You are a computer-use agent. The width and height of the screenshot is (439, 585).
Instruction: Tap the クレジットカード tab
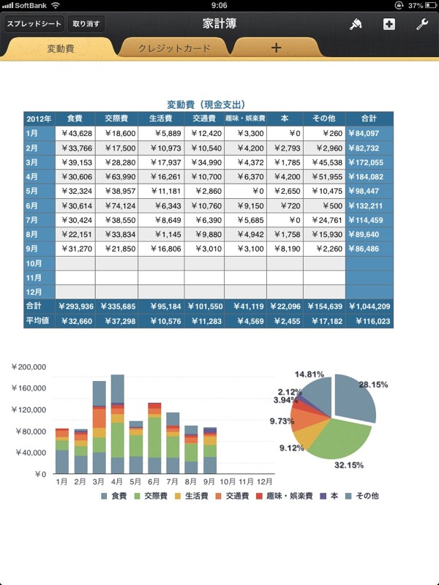pyautogui.click(x=174, y=48)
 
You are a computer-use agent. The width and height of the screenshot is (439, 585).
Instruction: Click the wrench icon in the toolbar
pyautogui.click(x=422, y=24)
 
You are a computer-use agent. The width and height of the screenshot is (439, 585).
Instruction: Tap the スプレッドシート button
pyautogui.click(x=34, y=24)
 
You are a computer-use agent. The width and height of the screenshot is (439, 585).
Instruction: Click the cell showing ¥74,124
pyautogui.click(x=117, y=205)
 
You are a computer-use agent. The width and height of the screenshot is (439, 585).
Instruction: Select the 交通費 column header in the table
pyautogui.click(x=204, y=118)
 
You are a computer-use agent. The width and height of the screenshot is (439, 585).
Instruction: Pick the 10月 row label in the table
pyautogui.click(x=34, y=263)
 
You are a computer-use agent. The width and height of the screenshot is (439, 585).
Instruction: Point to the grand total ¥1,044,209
pyautogui.click(x=369, y=306)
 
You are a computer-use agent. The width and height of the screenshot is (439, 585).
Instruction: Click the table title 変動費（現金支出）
pyautogui.click(x=206, y=105)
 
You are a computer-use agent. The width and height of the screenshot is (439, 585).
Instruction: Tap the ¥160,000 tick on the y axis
pyautogui.click(x=29, y=388)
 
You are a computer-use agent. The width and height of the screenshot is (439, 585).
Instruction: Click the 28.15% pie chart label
pyautogui.click(x=373, y=385)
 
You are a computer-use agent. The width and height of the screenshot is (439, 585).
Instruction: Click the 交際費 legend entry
pyautogui.click(x=151, y=496)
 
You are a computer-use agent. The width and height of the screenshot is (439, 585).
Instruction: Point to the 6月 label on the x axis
pyautogui.click(x=154, y=482)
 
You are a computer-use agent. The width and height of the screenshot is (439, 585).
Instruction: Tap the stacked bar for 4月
pyautogui.click(x=118, y=424)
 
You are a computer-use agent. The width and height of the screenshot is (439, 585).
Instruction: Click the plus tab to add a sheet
pyautogui.click(x=276, y=48)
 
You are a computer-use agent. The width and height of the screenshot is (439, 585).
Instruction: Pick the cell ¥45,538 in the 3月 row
pyautogui.click(x=324, y=162)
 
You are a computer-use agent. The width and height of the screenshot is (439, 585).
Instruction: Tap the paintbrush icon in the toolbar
pyautogui.click(x=356, y=24)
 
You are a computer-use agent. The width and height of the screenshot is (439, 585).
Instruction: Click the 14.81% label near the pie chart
pyautogui.click(x=309, y=374)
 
